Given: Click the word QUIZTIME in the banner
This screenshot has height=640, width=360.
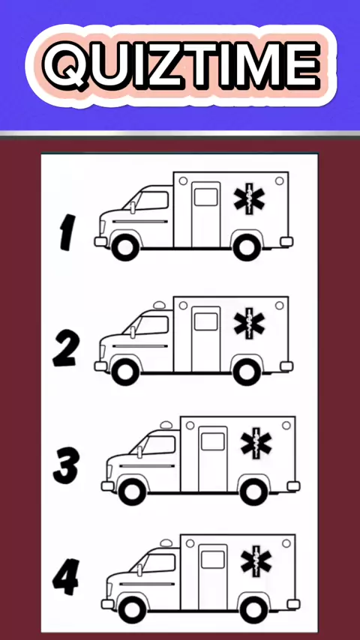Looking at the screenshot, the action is coord(181,64).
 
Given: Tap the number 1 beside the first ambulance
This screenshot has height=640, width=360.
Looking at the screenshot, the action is coord(67,232).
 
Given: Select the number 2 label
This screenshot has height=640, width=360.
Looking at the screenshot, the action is coord(65,348).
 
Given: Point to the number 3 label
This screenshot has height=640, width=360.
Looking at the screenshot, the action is coord(66,465).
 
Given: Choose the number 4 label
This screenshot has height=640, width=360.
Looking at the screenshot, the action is coord(66,576).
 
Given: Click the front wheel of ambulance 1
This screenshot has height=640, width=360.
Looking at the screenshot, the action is coord(125,247).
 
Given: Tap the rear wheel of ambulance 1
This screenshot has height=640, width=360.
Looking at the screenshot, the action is coord(247,247).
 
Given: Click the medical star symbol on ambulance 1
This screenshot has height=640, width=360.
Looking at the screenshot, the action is coord(249,199).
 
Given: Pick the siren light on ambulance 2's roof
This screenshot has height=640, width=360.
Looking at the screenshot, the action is coord(159,305).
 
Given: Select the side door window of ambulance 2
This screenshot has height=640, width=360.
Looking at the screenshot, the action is coord(206,321).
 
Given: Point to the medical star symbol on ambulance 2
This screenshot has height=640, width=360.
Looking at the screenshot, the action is coord(249,323).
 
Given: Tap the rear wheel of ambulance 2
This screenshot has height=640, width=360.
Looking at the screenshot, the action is coord(247,372).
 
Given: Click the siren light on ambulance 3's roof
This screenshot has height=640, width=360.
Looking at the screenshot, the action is coord(166,425).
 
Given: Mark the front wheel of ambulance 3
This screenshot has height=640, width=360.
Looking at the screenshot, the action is coord(132,492).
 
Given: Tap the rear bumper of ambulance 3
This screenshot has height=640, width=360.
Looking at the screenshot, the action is coord(293,486).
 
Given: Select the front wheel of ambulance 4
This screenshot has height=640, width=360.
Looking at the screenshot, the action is coord(132,610).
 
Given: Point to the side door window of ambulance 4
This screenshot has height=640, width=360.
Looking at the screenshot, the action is coord(213,560).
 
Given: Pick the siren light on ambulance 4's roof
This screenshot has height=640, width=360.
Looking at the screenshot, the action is coord(166,543).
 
